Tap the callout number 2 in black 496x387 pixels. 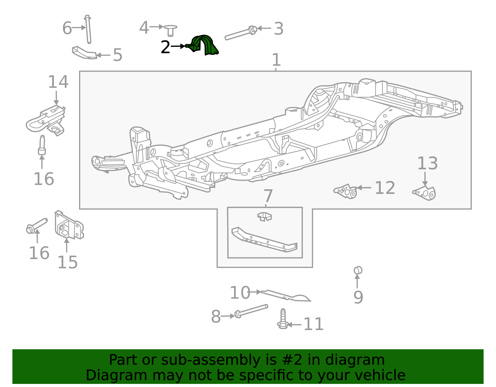[x=165, y=47]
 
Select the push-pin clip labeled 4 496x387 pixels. [x=170, y=30]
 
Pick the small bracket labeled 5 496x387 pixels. [x=84, y=53]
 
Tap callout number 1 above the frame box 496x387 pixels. [x=276, y=60]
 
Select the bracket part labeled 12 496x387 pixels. [x=346, y=191]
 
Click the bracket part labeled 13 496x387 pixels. [x=425, y=193]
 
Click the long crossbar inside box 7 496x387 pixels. [x=263, y=240]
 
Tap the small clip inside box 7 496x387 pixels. [x=264, y=216]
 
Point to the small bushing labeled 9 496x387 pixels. [x=358, y=270]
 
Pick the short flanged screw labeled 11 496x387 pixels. [x=282, y=319]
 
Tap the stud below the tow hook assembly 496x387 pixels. [x=42, y=145]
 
